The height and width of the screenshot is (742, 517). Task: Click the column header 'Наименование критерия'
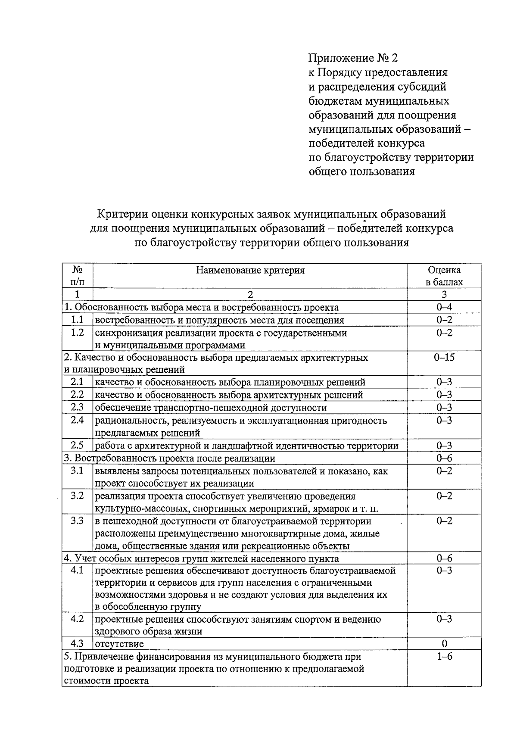click(x=250, y=270)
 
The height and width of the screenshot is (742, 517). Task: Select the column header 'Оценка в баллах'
click(x=444, y=276)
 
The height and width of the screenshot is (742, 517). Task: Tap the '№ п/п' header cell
click(x=77, y=276)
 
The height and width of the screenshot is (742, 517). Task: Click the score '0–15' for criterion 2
click(x=444, y=357)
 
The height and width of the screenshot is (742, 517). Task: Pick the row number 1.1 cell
click(x=77, y=320)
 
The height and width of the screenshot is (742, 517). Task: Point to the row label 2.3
click(x=77, y=407)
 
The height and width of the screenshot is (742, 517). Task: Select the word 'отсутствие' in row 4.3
click(x=119, y=644)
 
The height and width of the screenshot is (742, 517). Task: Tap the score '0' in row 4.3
click(x=444, y=644)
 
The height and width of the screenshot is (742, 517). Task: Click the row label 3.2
click(x=77, y=496)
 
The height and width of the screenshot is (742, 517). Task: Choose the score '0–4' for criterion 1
click(x=444, y=307)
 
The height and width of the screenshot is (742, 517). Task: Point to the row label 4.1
click(x=77, y=571)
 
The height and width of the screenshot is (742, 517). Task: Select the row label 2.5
click(x=77, y=445)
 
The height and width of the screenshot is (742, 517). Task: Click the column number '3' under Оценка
click(x=444, y=295)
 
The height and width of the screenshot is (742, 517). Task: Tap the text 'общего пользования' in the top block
click(x=361, y=171)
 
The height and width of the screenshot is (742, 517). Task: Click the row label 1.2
click(x=77, y=333)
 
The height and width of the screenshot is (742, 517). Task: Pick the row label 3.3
click(x=77, y=521)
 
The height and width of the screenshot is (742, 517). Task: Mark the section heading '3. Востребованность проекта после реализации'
click(x=169, y=458)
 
